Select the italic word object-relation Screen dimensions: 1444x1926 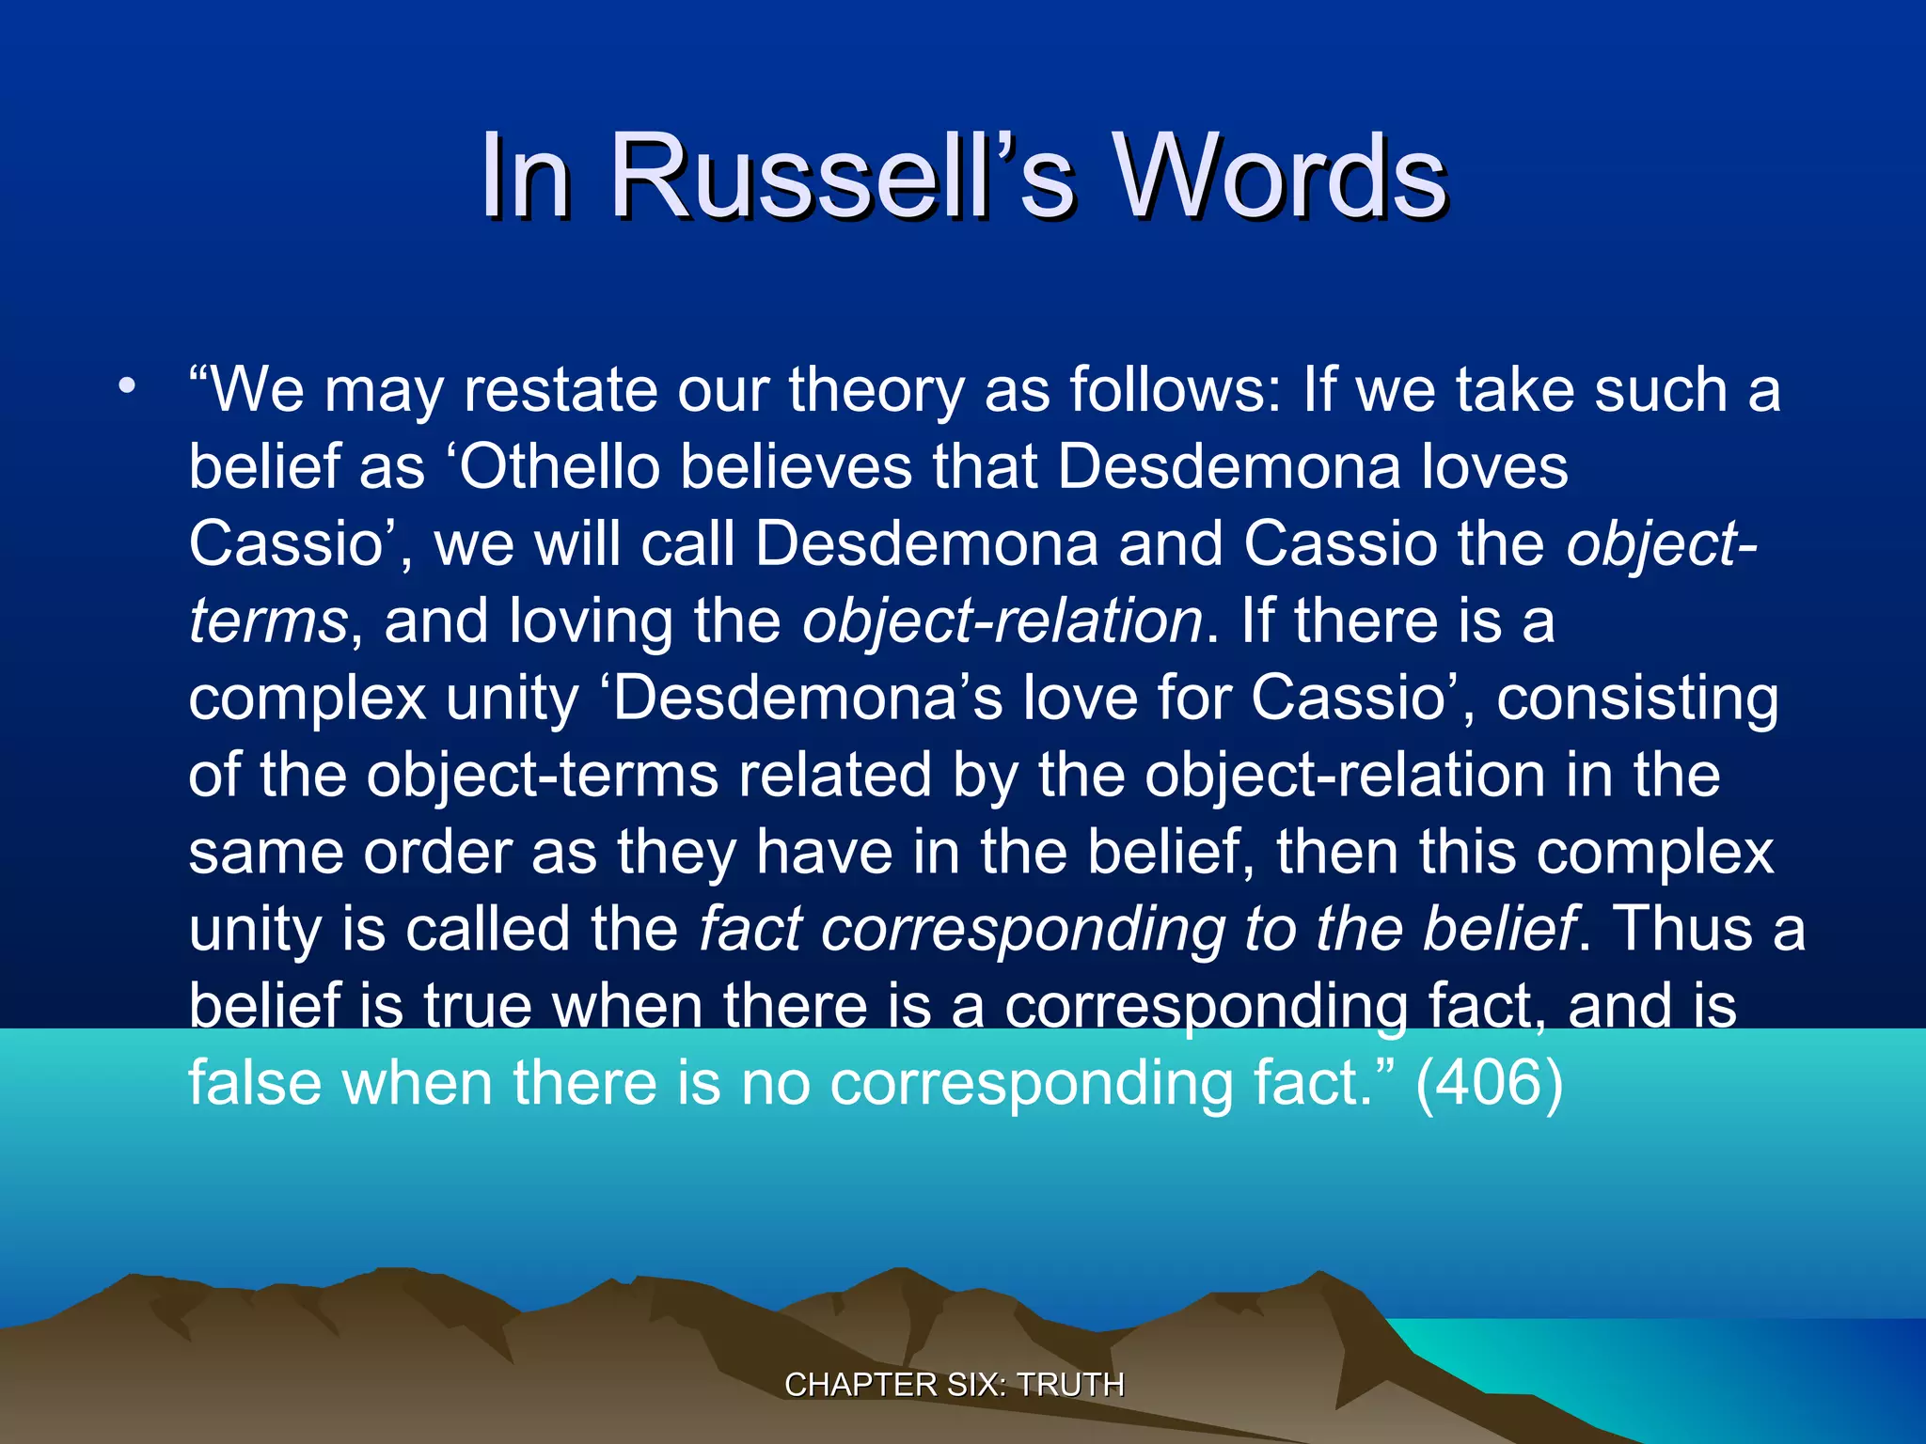[x=1002, y=622]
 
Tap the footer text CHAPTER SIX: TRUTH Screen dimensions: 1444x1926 [x=954, y=1385]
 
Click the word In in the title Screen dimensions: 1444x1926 [x=525, y=177]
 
